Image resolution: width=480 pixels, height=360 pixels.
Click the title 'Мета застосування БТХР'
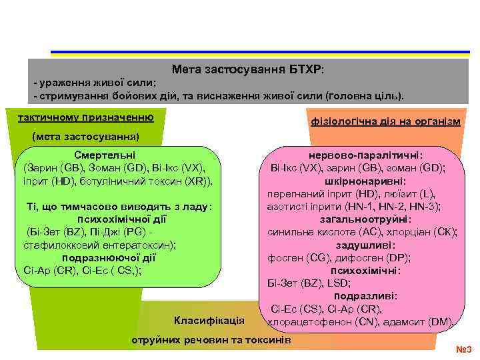(x=247, y=69)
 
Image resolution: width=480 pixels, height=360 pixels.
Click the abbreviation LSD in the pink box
(x=322, y=283)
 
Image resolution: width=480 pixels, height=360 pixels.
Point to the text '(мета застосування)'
(x=85, y=137)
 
